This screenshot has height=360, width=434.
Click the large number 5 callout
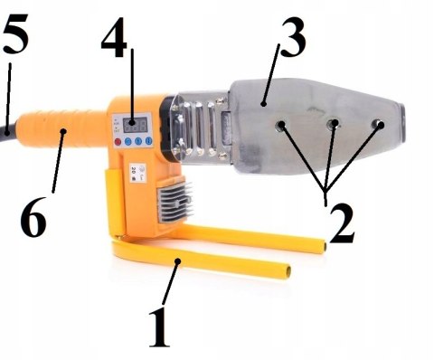(15, 33)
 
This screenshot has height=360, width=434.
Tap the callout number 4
(115, 37)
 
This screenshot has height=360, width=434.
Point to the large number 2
(343, 223)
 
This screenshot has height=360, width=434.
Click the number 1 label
(159, 327)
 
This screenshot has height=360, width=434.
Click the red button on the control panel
(118, 141)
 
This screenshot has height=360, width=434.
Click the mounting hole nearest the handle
(280, 126)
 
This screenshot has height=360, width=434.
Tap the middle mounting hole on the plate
(334, 124)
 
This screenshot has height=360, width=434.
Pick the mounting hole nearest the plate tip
(378, 124)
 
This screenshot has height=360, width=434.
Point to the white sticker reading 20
(137, 173)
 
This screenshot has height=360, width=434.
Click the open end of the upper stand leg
(324, 246)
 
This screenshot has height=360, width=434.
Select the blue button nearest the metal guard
(148, 141)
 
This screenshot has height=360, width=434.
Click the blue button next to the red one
(127, 141)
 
